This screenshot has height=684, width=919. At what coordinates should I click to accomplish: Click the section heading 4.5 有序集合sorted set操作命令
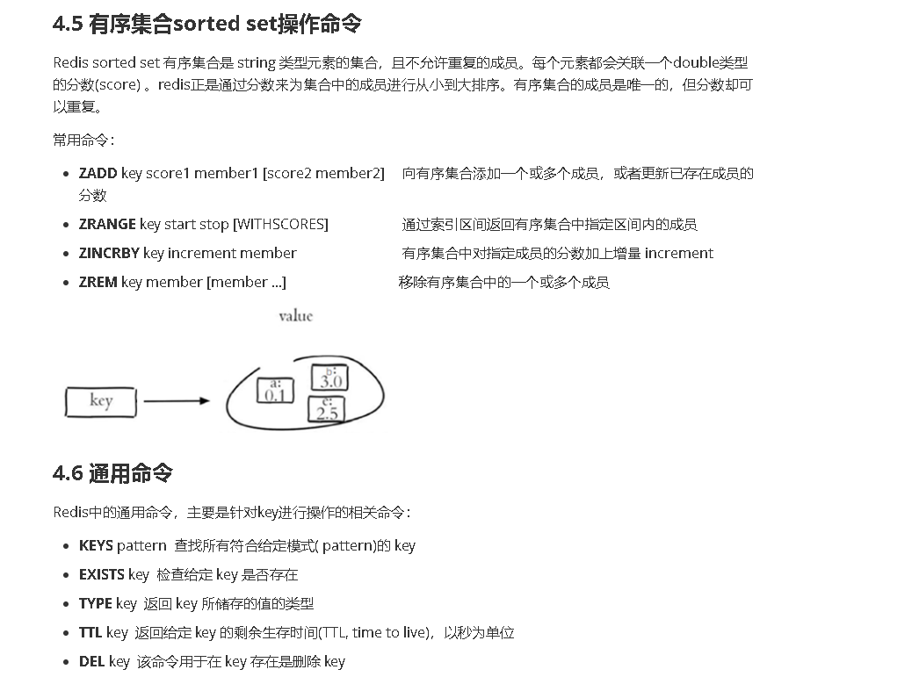point(206,24)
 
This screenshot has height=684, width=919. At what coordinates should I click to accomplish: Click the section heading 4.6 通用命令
point(112,473)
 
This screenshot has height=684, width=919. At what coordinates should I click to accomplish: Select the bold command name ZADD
point(98,174)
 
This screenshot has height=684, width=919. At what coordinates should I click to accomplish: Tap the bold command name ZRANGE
point(107,224)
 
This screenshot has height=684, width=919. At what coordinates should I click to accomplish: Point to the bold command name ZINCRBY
point(109,253)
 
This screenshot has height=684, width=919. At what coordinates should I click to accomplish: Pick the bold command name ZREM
point(98,282)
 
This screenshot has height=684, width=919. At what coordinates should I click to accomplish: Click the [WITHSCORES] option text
point(280,224)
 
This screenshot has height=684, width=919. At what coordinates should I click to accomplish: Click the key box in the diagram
point(101,402)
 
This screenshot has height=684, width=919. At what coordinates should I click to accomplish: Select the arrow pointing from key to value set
point(176,401)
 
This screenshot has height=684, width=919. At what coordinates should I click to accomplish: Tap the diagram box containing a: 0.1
point(275,390)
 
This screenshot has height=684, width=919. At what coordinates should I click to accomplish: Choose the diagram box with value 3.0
point(329,378)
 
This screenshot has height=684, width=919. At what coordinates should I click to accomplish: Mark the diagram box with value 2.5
point(327,409)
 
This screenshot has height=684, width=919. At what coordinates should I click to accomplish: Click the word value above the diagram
point(295,316)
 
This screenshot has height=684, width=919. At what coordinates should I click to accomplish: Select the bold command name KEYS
point(96,545)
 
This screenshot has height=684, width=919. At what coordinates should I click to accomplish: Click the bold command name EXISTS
point(102,574)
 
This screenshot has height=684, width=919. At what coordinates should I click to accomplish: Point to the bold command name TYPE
point(95,603)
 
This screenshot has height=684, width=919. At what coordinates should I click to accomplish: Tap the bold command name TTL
point(90,632)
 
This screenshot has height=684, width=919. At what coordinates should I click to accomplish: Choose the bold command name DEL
point(91,661)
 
